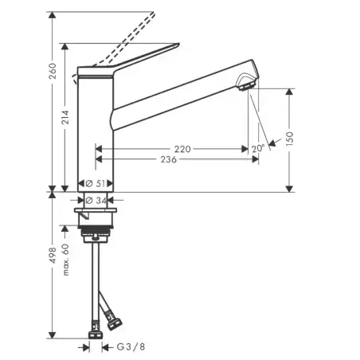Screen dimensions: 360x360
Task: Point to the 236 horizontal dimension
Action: (168, 159)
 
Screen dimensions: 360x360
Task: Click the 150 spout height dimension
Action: (292, 137)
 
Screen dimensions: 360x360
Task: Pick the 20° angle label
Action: (258, 148)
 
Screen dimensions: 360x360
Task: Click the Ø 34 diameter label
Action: (96, 200)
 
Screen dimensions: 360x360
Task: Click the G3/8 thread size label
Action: (131, 347)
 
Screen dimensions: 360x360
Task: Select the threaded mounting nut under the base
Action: (97, 233)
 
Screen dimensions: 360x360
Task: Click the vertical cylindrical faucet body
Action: (96, 127)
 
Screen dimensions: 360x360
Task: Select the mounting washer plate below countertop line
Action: (96, 213)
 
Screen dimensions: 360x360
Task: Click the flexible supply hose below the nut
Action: (97, 279)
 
